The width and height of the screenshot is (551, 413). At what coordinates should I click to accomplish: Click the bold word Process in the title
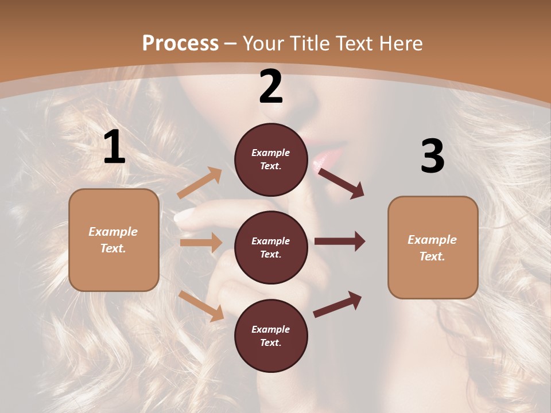[x=180, y=44]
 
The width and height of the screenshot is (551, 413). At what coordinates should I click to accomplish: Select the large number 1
[x=114, y=147]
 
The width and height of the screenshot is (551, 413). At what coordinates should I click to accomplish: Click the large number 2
[x=271, y=87]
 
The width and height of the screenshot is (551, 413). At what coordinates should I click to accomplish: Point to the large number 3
[x=432, y=156]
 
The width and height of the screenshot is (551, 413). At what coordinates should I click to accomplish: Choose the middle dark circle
[x=271, y=247]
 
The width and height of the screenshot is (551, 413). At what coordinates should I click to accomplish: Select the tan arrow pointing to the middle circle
[x=201, y=243]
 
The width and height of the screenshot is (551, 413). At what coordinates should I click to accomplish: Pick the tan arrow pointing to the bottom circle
[x=201, y=306]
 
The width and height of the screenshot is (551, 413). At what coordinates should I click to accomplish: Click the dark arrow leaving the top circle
[x=341, y=183]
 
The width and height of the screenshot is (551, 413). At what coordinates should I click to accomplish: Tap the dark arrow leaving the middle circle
[x=340, y=241]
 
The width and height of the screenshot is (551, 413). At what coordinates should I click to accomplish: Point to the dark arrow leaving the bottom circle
[x=338, y=304]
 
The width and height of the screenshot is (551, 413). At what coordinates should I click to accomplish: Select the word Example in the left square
[x=113, y=232]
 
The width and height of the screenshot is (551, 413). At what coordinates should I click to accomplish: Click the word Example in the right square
[x=432, y=240]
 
